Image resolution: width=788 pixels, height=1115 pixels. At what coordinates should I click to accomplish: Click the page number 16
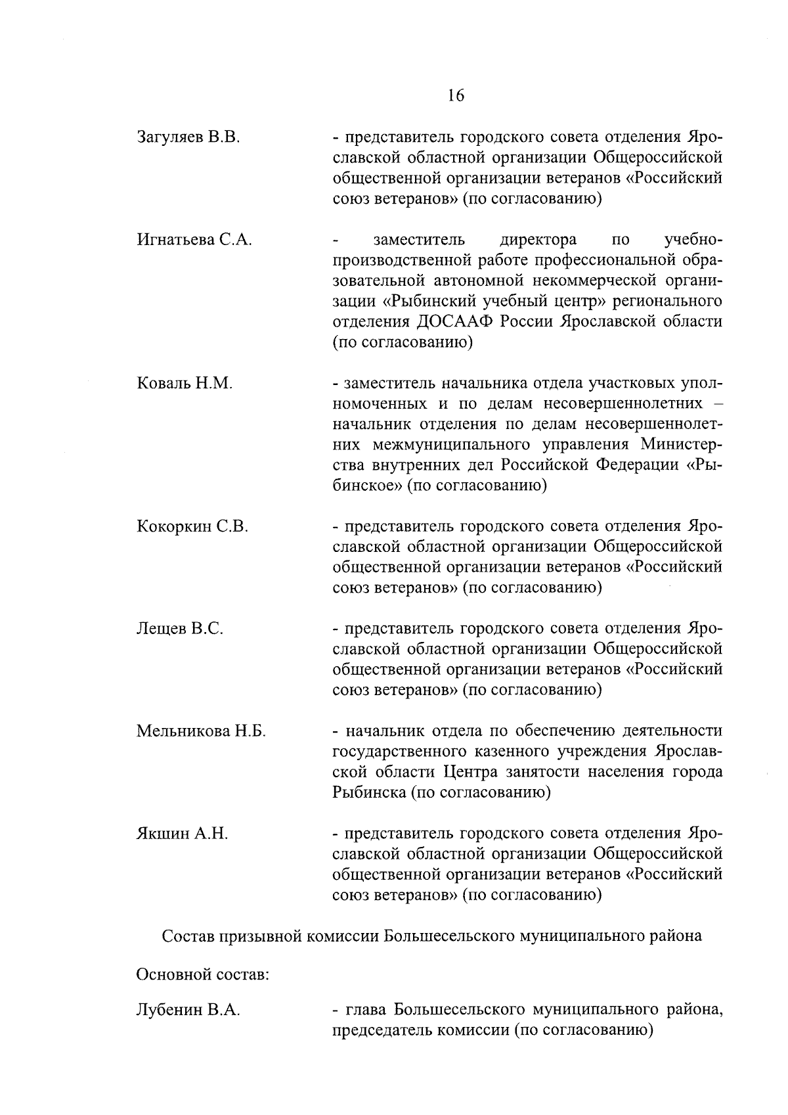pos(456,96)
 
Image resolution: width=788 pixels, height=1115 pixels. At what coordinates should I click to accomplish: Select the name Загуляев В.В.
pos(188,137)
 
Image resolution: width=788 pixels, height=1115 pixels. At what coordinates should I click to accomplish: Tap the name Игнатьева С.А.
pos(194,240)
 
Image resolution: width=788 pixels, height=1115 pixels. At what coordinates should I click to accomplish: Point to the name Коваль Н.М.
pos(185,384)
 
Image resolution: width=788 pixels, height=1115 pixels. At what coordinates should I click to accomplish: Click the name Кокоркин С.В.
pos(192,527)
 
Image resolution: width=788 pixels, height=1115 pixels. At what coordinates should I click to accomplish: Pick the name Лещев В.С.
pos(180,629)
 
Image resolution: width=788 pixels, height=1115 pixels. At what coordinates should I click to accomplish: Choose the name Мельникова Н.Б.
pos(201,731)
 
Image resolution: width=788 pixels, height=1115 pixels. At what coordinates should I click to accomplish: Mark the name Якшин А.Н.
pos(182,834)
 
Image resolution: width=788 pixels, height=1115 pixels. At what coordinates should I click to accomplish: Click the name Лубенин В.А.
pos(188,1010)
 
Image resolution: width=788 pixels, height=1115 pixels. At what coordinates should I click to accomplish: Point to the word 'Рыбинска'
pos(369,792)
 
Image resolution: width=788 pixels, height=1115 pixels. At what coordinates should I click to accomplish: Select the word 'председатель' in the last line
pos(378,1030)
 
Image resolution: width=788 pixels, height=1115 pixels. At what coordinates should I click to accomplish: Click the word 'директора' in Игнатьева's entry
pos(538,240)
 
